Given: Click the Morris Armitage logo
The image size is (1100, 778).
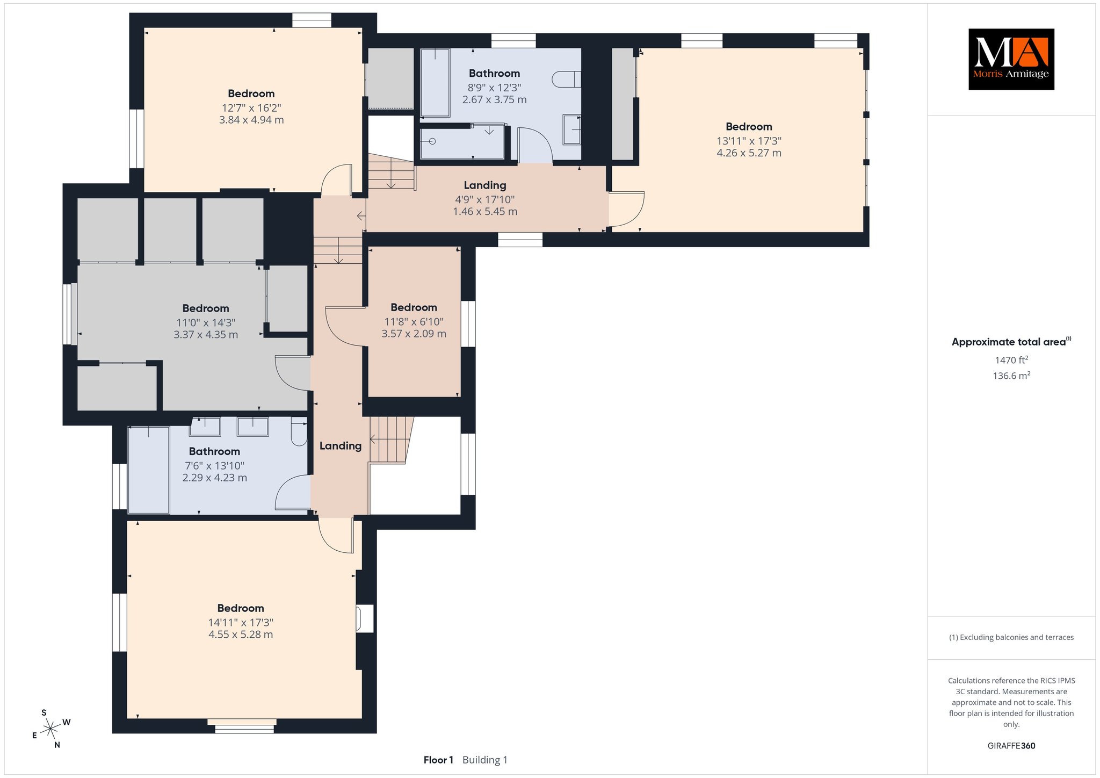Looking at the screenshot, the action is tap(1011, 59).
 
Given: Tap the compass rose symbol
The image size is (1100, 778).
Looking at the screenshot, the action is tap(51, 729).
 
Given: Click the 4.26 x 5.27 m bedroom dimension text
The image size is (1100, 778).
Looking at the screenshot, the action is tap(749, 153).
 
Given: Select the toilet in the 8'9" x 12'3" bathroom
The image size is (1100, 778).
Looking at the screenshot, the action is tap(567, 80).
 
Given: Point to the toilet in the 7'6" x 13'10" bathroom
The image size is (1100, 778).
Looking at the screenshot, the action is tap(299, 431).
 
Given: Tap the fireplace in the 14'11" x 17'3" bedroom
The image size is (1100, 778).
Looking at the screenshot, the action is tap(365, 618).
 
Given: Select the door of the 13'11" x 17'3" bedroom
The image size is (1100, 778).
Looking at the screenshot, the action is tap(627, 210).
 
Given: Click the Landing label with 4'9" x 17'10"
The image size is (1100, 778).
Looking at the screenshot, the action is tap(485, 185).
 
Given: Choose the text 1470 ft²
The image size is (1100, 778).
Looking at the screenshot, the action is tap(1011, 360).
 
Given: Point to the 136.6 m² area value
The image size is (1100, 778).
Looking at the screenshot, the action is tap(1011, 376).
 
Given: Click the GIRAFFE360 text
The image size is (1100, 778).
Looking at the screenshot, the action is tap(1011, 746).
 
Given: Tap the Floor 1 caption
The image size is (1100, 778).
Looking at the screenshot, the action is tap(438, 760).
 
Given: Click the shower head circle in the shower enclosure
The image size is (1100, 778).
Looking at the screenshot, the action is tap(432, 141).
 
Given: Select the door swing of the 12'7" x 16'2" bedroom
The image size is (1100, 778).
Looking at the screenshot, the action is tap(336, 179).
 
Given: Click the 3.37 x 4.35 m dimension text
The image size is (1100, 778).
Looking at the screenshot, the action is tap(206, 335).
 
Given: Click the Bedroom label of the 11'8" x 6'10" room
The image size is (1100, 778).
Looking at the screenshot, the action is tap(414, 307).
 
